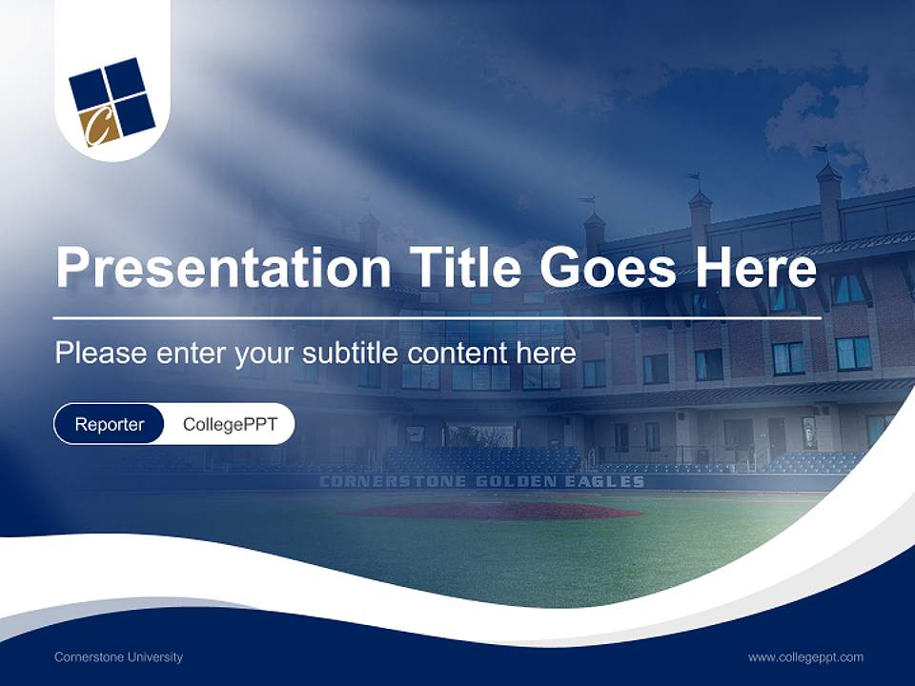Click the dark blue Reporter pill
(109, 424)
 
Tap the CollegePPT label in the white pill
(230, 424)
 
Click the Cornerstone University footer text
(118, 656)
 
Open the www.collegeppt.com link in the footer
(805, 656)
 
